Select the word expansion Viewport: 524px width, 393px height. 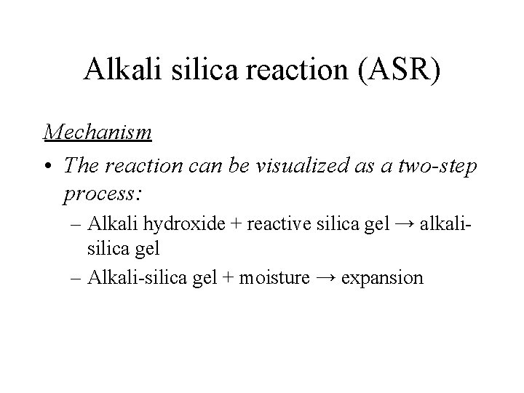pyautogui.click(x=381, y=277)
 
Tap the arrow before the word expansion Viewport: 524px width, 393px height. pyautogui.click(x=327, y=277)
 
